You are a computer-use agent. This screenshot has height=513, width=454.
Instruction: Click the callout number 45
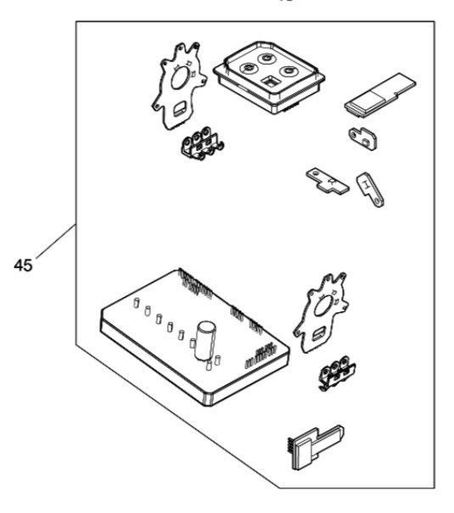(x=23, y=265)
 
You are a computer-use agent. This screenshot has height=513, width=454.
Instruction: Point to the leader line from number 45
(x=56, y=241)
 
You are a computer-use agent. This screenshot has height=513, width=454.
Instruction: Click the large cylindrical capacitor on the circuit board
(x=205, y=341)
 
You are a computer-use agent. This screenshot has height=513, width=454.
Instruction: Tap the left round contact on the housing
(x=249, y=68)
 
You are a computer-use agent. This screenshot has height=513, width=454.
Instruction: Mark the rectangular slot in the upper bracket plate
(x=179, y=109)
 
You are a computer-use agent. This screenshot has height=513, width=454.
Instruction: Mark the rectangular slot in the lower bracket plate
(x=319, y=334)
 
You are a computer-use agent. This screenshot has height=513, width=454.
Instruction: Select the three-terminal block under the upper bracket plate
(x=202, y=143)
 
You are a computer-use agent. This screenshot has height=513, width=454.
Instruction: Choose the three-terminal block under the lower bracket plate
(x=337, y=373)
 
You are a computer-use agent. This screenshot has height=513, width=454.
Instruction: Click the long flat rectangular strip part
(x=379, y=95)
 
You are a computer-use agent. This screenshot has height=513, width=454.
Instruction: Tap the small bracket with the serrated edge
(x=362, y=138)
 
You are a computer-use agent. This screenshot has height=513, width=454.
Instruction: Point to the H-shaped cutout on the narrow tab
(x=365, y=185)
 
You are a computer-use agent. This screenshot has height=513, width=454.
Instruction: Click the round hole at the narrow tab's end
(x=378, y=200)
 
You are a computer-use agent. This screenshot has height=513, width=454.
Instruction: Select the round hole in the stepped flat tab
(x=315, y=172)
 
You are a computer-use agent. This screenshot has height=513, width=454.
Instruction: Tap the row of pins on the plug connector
(x=291, y=447)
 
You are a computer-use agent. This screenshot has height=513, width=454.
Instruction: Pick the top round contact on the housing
(x=266, y=59)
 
